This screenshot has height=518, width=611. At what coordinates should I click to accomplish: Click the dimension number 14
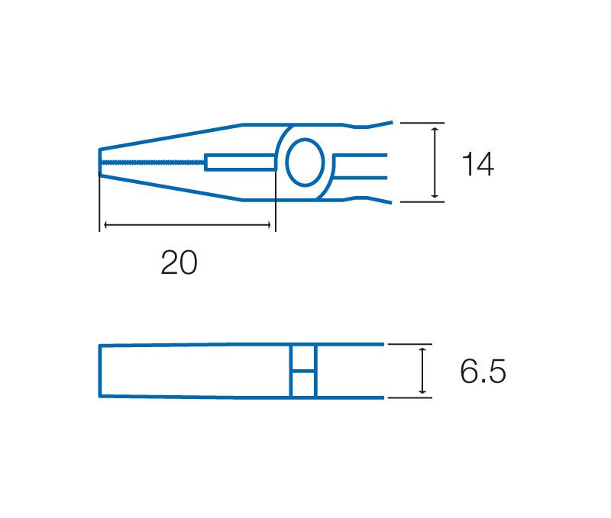tap(478, 164)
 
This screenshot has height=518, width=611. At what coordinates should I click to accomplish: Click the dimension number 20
tap(179, 262)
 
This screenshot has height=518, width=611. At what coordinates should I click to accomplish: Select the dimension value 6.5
tap(483, 371)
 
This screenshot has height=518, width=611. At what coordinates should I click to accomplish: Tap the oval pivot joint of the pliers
tap(305, 162)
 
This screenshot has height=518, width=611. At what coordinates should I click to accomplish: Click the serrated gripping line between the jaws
tap(153, 162)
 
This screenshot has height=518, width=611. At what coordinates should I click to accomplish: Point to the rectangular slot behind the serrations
tap(241, 162)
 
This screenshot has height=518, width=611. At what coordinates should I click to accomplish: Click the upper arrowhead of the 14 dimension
tap(435, 130)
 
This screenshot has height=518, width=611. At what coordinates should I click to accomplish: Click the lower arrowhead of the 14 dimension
tap(435, 195)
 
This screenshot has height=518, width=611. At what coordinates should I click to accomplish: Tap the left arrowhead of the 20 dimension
tap(107, 224)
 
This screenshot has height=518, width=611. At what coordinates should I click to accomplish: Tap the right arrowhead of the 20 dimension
tap(268, 224)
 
